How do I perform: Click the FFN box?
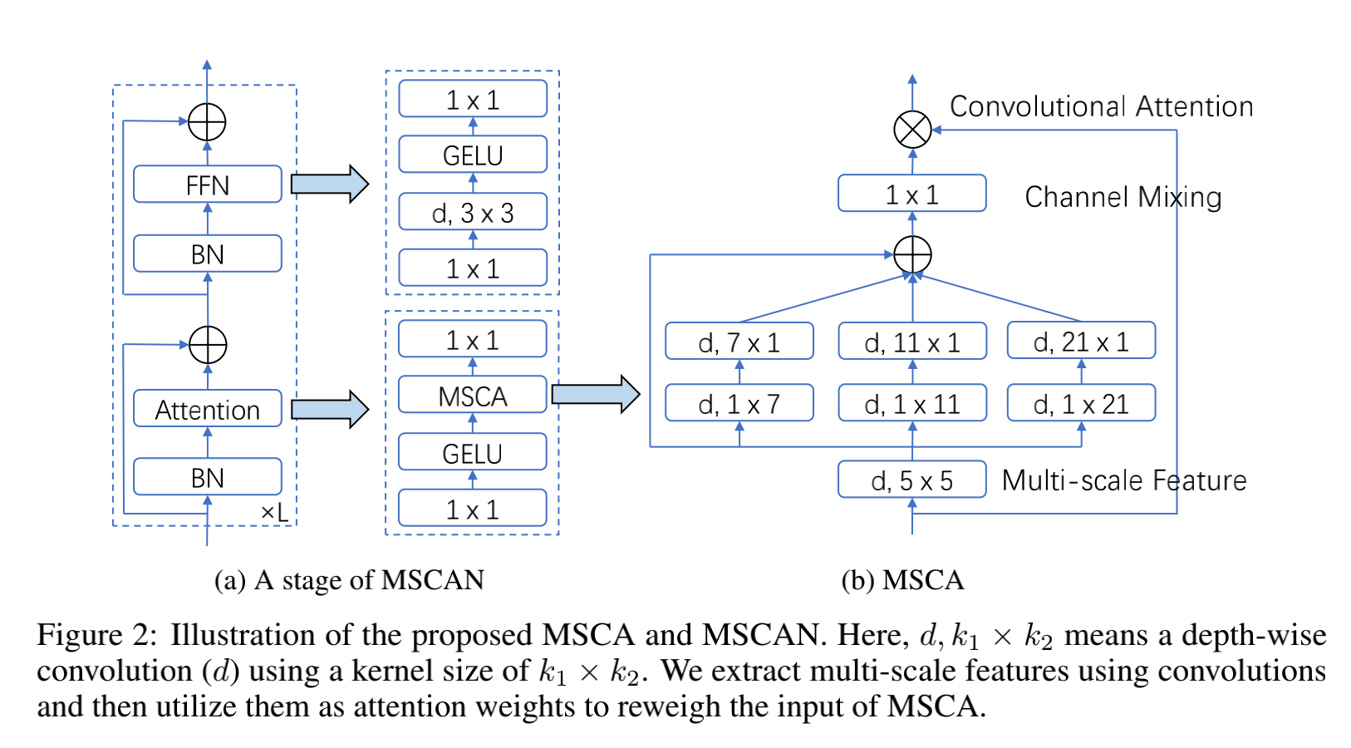coord(207,185)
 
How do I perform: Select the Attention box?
coord(207,409)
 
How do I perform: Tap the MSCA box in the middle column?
coord(472,396)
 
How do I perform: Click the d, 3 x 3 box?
coord(472,213)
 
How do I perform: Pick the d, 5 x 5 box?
coord(911,480)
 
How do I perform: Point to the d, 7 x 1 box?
coord(739,342)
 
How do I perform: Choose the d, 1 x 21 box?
coord(1080,403)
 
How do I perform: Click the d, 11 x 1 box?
coord(911,342)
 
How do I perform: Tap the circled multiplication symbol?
coord(911,130)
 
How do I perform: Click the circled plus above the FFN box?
coord(207,122)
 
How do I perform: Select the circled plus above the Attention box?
coord(207,344)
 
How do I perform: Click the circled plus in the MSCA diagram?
coord(911,254)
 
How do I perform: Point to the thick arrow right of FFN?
coord(329,184)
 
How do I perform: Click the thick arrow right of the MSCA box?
coord(595,394)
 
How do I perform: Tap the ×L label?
coord(275,512)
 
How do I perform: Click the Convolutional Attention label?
coord(1101,106)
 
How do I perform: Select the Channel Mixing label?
coord(1123,197)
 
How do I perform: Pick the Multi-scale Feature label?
coord(1123,480)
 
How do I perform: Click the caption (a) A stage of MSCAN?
coord(349,579)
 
